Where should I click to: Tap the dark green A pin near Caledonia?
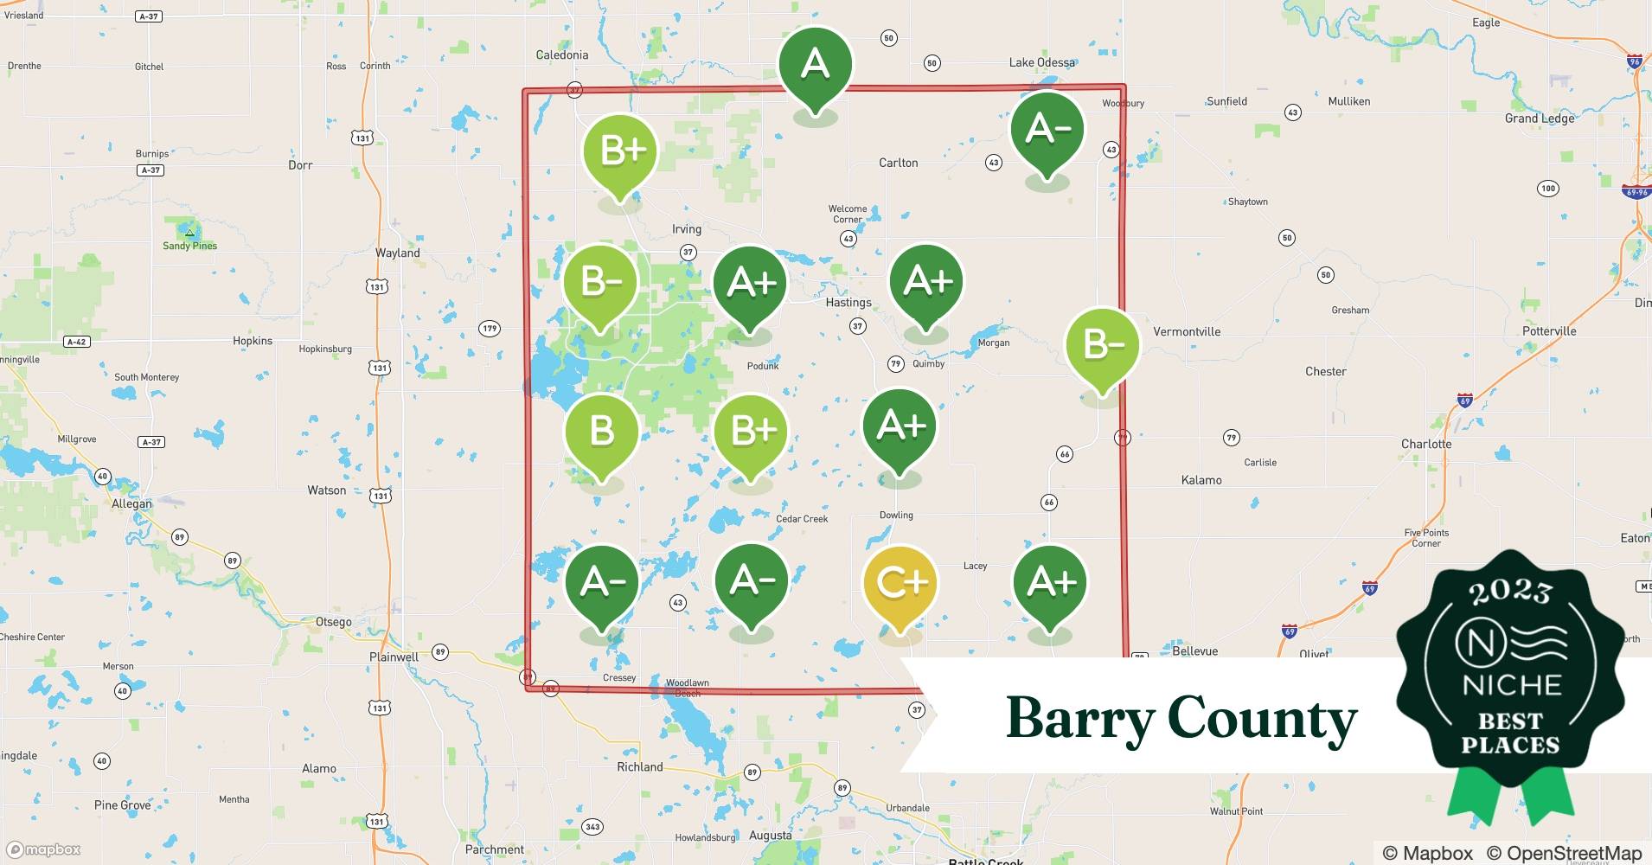(815, 65)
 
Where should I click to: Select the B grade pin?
(601, 431)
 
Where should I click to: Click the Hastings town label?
(848, 303)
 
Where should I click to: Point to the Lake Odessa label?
(1041, 62)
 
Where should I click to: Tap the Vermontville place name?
(1187, 331)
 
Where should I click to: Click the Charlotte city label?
(1426, 444)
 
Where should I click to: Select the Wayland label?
(397, 253)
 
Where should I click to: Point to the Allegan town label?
(131, 503)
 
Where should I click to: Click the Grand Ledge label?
(1540, 118)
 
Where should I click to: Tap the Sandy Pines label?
(189, 246)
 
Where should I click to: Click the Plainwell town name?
(394, 657)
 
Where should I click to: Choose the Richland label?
(639, 766)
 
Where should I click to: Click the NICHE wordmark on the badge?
(1511, 685)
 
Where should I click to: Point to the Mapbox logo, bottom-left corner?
(43, 849)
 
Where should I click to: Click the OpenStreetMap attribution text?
(1564, 853)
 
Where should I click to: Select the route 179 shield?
(490, 328)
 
